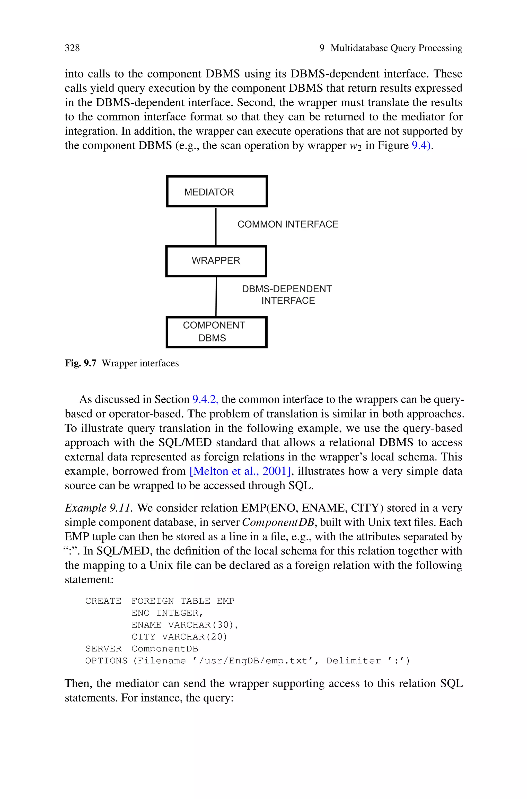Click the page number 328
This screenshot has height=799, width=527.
72,48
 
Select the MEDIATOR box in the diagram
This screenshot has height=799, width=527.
217,191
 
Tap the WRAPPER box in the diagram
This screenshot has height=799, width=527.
216,261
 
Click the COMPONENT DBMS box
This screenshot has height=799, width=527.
216,332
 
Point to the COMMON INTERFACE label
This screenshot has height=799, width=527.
288,224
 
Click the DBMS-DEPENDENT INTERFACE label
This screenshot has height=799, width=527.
287,295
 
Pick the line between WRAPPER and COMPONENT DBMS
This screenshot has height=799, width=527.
216,296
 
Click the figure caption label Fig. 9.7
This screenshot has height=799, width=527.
81,363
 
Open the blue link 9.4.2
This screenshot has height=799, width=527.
205,399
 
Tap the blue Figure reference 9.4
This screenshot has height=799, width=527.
420,145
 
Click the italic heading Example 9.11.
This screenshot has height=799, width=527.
99,508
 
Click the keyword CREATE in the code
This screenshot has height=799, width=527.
103,601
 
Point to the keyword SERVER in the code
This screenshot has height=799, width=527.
103,649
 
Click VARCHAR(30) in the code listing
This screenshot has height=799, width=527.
203,625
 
